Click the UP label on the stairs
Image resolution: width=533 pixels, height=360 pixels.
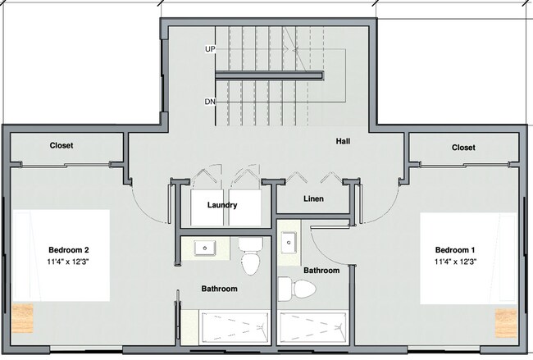click(210, 49)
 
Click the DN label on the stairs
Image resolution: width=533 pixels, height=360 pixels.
click(210, 103)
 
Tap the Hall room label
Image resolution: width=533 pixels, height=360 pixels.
click(344, 141)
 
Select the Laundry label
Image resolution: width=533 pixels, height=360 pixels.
click(222, 205)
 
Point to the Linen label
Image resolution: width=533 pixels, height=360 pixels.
click(313, 199)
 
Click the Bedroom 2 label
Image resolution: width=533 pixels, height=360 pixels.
click(68, 250)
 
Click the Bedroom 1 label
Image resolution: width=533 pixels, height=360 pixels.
click(455, 250)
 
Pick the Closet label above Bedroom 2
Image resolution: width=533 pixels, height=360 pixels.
click(61, 146)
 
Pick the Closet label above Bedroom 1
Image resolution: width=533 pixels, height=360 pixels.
click(463, 148)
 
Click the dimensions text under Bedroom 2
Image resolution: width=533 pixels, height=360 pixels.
click(68, 262)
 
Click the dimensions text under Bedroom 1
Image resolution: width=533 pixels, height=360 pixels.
click(455, 262)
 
